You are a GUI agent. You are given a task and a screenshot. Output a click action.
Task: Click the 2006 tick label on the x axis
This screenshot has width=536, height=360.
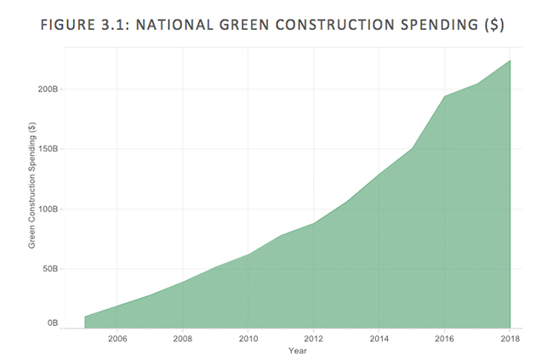[x=117, y=339]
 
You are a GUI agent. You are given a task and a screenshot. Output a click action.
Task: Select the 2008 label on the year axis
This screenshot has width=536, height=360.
[x=182, y=339]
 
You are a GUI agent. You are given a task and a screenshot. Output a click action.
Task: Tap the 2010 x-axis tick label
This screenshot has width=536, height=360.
[x=248, y=339]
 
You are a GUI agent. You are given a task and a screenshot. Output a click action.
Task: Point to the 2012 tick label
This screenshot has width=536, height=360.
[x=313, y=339]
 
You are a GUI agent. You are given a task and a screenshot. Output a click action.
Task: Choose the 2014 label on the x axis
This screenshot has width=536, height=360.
[x=379, y=339]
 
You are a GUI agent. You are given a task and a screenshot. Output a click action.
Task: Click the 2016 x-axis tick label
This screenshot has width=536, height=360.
[x=444, y=339]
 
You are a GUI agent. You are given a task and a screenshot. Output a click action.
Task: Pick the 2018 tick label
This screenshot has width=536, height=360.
[x=508, y=339]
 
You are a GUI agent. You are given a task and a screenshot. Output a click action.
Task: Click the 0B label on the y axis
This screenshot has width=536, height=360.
[x=52, y=323]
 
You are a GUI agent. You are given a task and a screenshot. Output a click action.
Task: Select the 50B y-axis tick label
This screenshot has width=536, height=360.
[x=49, y=269]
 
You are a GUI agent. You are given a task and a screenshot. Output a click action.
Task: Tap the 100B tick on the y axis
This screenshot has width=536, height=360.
[x=47, y=209]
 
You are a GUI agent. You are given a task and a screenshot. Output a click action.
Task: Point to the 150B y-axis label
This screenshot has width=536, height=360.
[x=47, y=149]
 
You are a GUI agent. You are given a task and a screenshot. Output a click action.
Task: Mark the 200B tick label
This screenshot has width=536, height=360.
[x=47, y=89]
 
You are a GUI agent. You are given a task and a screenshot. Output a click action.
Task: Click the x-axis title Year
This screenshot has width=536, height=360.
[x=297, y=351]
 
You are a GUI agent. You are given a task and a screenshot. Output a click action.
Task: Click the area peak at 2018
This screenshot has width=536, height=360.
[x=510, y=60]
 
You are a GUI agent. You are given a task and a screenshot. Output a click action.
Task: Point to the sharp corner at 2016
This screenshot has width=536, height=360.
[x=444, y=96]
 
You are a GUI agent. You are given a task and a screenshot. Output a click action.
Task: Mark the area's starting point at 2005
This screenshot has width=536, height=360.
[x=85, y=317]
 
